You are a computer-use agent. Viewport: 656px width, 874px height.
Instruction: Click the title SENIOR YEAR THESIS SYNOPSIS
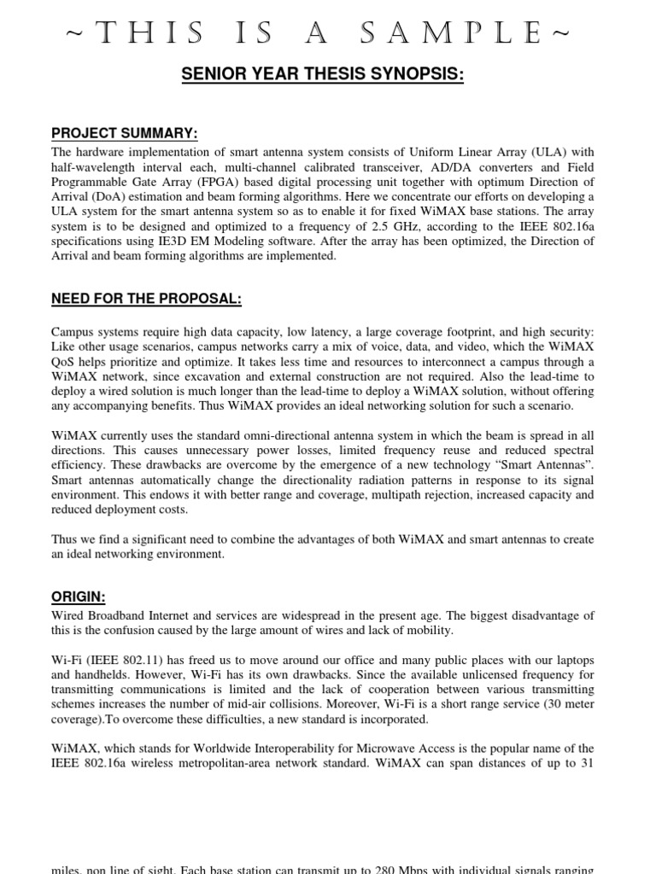click(x=323, y=75)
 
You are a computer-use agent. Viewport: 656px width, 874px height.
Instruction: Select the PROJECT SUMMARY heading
click(x=125, y=133)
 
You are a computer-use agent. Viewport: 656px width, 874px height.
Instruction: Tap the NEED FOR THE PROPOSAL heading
click(x=146, y=299)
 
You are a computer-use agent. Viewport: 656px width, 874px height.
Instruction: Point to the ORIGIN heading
click(x=80, y=597)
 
